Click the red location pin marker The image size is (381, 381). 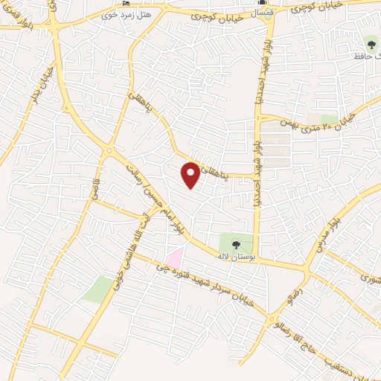pyautogui.click(x=191, y=174)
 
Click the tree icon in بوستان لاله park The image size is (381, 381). pyautogui.click(x=236, y=243)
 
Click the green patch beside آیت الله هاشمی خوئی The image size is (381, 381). pyautogui.click(x=97, y=289)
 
